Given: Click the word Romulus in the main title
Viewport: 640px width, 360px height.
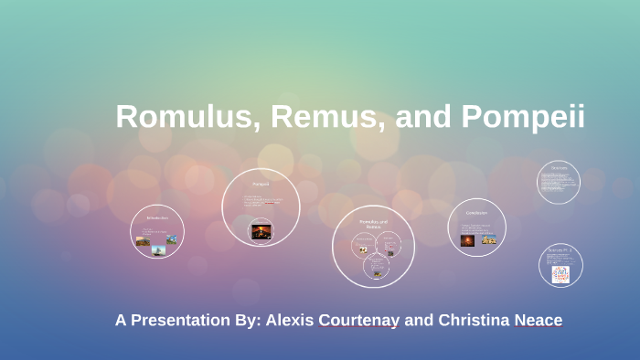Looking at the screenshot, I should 182,117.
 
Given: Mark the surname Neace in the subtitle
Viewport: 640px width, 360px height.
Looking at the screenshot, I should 541,320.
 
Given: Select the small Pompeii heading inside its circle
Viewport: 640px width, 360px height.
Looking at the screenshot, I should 261,183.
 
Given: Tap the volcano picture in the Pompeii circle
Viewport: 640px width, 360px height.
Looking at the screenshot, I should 261,230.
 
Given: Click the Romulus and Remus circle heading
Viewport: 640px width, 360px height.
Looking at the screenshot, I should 373,224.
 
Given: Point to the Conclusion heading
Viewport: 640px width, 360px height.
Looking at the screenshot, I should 476,213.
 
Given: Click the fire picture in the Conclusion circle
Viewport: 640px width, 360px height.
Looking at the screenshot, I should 468,239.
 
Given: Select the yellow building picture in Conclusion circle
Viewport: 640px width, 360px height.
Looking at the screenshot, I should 489,239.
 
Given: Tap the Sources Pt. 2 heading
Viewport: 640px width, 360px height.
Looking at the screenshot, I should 560,249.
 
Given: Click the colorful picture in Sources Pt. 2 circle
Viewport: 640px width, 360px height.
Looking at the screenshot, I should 560,273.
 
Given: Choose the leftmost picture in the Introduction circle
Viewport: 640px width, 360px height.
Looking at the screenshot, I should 142,241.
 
